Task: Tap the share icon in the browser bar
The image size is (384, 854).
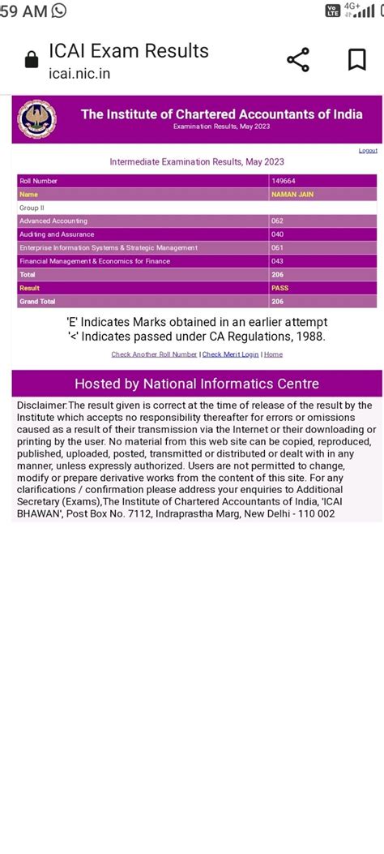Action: tap(298, 59)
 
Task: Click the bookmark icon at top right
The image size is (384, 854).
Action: tap(356, 59)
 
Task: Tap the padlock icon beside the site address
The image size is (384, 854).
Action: tap(32, 61)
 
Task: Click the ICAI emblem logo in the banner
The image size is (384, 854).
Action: tap(37, 120)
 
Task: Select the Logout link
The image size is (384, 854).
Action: tap(368, 151)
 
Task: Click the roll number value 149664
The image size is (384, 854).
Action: tap(283, 181)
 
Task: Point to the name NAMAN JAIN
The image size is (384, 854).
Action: tap(292, 195)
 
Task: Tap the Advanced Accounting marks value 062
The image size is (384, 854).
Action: tap(278, 221)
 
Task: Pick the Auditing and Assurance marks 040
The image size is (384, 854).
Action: tap(278, 234)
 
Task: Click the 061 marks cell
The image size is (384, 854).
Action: tap(278, 247)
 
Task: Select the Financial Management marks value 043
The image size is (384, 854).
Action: tap(278, 261)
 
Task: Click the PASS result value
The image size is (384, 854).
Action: tap(279, 288)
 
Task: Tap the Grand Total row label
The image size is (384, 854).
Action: tap(33, 302)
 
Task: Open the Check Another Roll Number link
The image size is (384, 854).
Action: tap(154, 354)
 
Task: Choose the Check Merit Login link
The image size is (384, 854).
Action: tap(230, 354)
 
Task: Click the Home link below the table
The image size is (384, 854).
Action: tap(273, 354)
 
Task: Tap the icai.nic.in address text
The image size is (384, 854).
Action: tap(79, 74)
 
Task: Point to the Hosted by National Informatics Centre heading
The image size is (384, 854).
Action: tap(197, 384)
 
